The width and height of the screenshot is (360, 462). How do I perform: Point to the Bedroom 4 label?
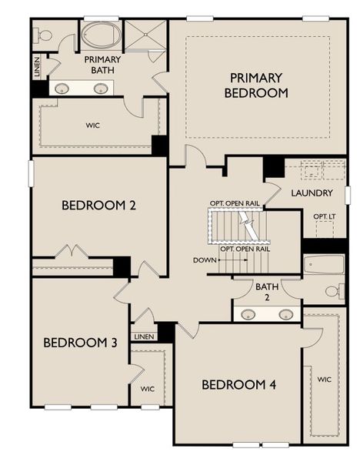tap(239, 384)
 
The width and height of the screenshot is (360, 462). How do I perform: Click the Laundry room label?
tap(312, 192)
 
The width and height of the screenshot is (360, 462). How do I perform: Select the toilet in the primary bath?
tap(43, 35)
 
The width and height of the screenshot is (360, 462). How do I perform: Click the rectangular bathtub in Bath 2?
tap(323, 265)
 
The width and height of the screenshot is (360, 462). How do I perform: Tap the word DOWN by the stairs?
tap(205, 260)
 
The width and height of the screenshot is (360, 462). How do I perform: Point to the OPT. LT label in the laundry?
tap(324, 216)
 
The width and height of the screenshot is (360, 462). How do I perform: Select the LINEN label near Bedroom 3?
tap(143, 336)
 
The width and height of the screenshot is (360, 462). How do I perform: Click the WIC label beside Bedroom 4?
tap(324, 379)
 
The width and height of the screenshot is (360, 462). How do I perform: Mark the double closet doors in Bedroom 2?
tap(74, 252)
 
